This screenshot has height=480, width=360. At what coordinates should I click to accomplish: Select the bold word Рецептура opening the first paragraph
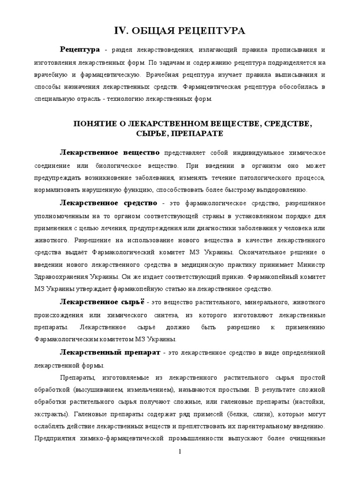point(80,50)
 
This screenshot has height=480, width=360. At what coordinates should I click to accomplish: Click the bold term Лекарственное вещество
point(110,153)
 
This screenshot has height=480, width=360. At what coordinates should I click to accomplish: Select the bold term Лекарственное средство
point(108,203)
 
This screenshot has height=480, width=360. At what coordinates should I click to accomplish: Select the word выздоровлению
point(279,190)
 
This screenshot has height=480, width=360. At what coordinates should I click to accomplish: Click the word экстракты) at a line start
point(51,414)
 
